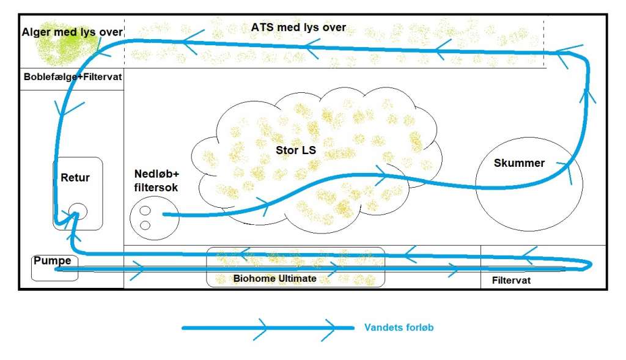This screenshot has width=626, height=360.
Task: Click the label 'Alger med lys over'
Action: [x=72, y=32]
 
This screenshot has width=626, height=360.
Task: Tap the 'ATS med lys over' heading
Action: [x=298, y=28]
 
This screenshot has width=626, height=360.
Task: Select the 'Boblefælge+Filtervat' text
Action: [x=73, y=78]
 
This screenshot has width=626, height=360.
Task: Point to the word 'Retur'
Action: [x=75, y=178]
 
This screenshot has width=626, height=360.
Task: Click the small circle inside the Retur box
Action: [x=78, y=212]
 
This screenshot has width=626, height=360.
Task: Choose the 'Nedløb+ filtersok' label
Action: [x=156, y=182]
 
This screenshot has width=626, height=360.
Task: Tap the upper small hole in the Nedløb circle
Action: [x=145, y=211]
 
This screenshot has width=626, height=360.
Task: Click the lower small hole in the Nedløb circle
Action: [x=145, y=225]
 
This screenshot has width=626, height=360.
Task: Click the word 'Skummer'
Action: [x=519, y=163]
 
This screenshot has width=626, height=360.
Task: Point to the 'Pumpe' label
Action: [x=52, y=261]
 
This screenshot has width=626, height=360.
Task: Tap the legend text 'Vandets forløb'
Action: [x=399, y=328]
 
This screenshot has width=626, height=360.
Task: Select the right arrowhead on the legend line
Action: [x=328, y=328]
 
